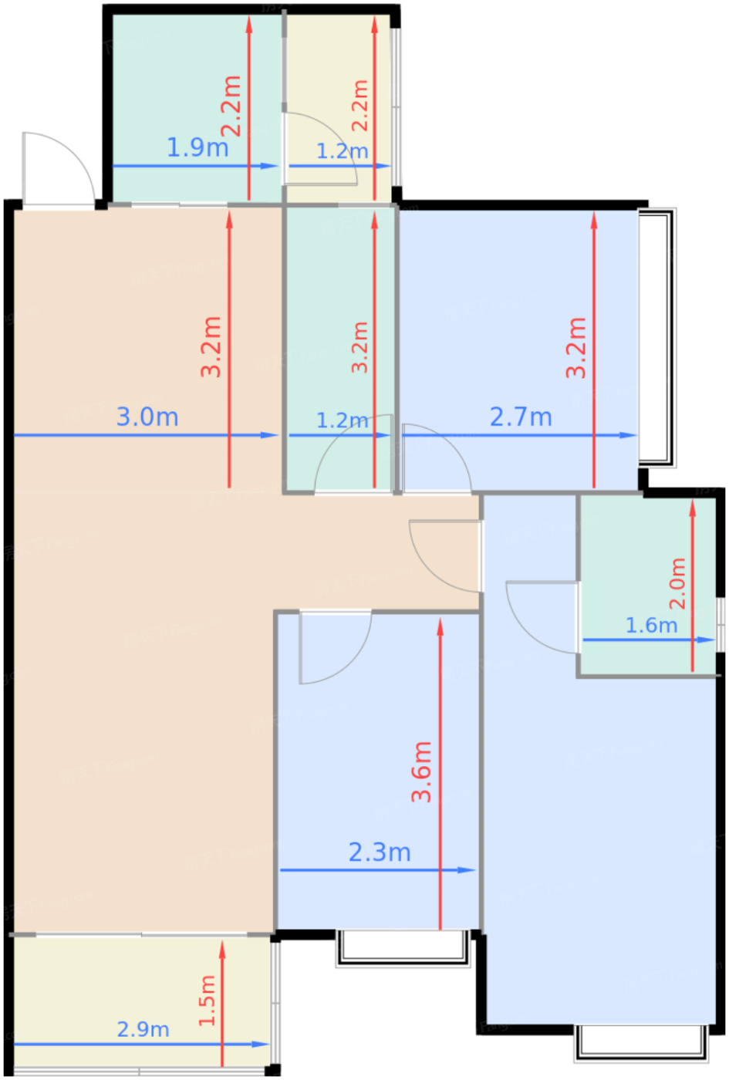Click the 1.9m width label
(197, 147)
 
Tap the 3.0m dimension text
(147, 417)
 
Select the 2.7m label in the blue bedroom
(521, 417)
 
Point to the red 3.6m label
(421, 771)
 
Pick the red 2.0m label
(677, 583)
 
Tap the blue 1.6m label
(651, 626)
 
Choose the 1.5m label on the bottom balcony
(207, 1001)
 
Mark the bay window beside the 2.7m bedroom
(657, 338)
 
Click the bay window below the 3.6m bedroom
(403, 948)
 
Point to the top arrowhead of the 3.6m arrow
(440, 627)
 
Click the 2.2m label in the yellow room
(360, 106)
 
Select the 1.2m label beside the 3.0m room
(343, 420)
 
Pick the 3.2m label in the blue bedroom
(576, 348)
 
